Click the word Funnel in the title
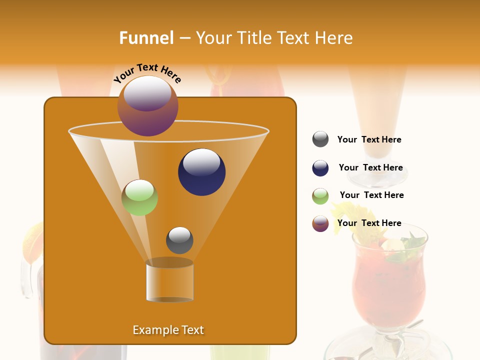point(146,38)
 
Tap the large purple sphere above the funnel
point(147,106)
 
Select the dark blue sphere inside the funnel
point(201,172)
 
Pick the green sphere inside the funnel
point(140,197)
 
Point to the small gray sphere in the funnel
point(179,240)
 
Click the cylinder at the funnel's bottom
point(169,280)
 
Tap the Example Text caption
point(168,330)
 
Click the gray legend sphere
point(320,139)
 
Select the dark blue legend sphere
point(320,168)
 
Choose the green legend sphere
point(320,196)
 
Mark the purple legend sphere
point(320,223)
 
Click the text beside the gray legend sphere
point(369,140)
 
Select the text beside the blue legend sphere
point(370,168)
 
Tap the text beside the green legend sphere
point(371,195)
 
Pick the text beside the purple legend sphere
point(369,223)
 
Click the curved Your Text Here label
point(147,72)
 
